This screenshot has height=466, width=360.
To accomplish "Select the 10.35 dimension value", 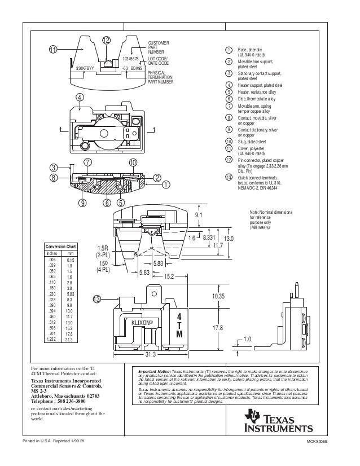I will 218,296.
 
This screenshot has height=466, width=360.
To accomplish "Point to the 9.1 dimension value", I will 199,215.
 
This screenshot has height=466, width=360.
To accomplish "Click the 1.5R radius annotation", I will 103,248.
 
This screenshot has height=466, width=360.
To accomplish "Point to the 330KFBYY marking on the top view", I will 87,68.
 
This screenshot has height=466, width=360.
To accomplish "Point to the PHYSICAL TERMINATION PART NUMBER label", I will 161,78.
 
